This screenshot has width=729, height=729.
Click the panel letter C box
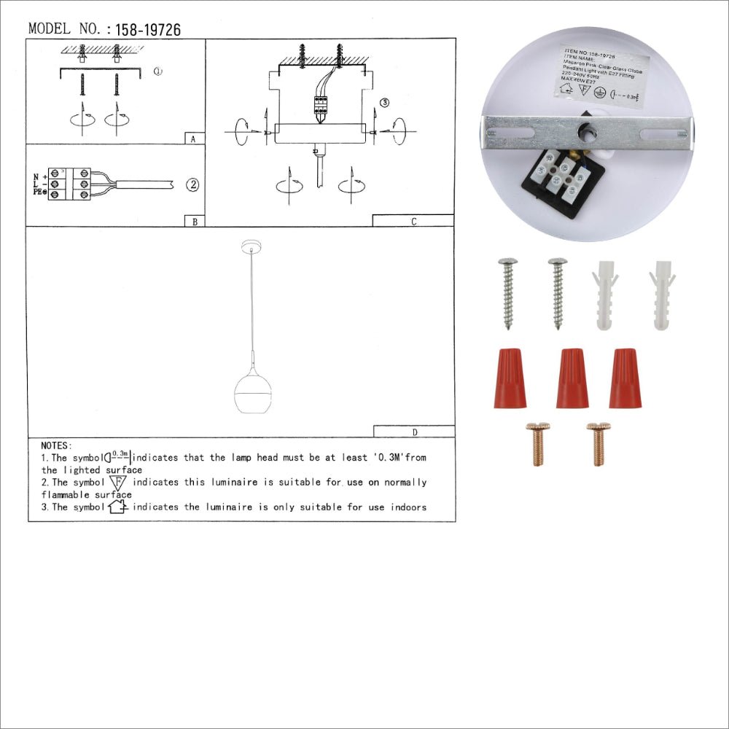(413, 221)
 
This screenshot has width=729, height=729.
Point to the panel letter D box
(414, 432)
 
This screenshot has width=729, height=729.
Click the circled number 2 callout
(192, 184)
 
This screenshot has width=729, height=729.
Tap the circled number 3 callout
(385, 103)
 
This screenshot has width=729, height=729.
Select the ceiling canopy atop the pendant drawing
(252, 246)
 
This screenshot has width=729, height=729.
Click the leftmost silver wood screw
(507, 292)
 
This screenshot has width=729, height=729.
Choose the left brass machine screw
(538, 443)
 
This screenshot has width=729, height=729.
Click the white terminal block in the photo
(561, 176)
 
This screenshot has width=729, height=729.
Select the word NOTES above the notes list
(56, 445)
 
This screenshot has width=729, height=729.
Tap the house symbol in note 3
(117, 507)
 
